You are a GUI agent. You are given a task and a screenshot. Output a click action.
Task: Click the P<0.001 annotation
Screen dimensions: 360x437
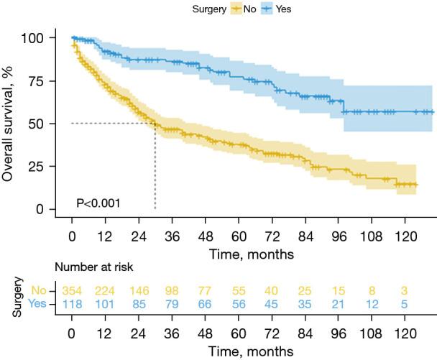[x=98, y=203]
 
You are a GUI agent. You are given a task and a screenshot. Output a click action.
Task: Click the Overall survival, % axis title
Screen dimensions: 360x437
[x=11, y=124]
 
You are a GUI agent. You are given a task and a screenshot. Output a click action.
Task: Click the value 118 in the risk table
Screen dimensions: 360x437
[x=72, y=304]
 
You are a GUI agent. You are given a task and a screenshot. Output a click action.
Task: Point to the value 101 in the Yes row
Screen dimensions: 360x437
[x=106, y=304]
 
